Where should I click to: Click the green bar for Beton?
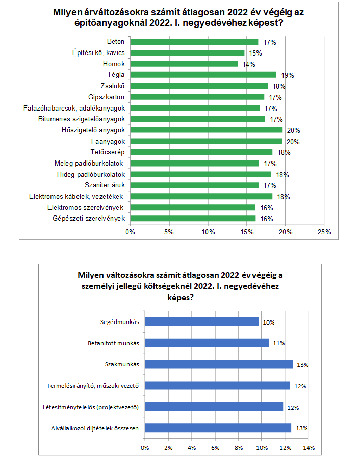coord(194,42)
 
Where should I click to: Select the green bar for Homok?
coord(184,64)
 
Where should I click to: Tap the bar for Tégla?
coord(203,75)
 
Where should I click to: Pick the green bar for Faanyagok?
coord(206,141)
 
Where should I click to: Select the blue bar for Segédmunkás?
coord(202,321)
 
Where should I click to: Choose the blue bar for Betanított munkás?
coord(207,343)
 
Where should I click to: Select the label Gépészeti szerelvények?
coord(89,219)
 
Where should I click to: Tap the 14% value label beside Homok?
coord(249,64)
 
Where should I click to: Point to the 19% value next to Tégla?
coord(288,75)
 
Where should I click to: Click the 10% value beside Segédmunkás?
coord(269,322)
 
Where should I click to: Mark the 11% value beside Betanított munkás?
coord(278,343)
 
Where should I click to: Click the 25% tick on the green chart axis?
coord(324,232)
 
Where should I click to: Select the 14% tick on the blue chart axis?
coord(308,448)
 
